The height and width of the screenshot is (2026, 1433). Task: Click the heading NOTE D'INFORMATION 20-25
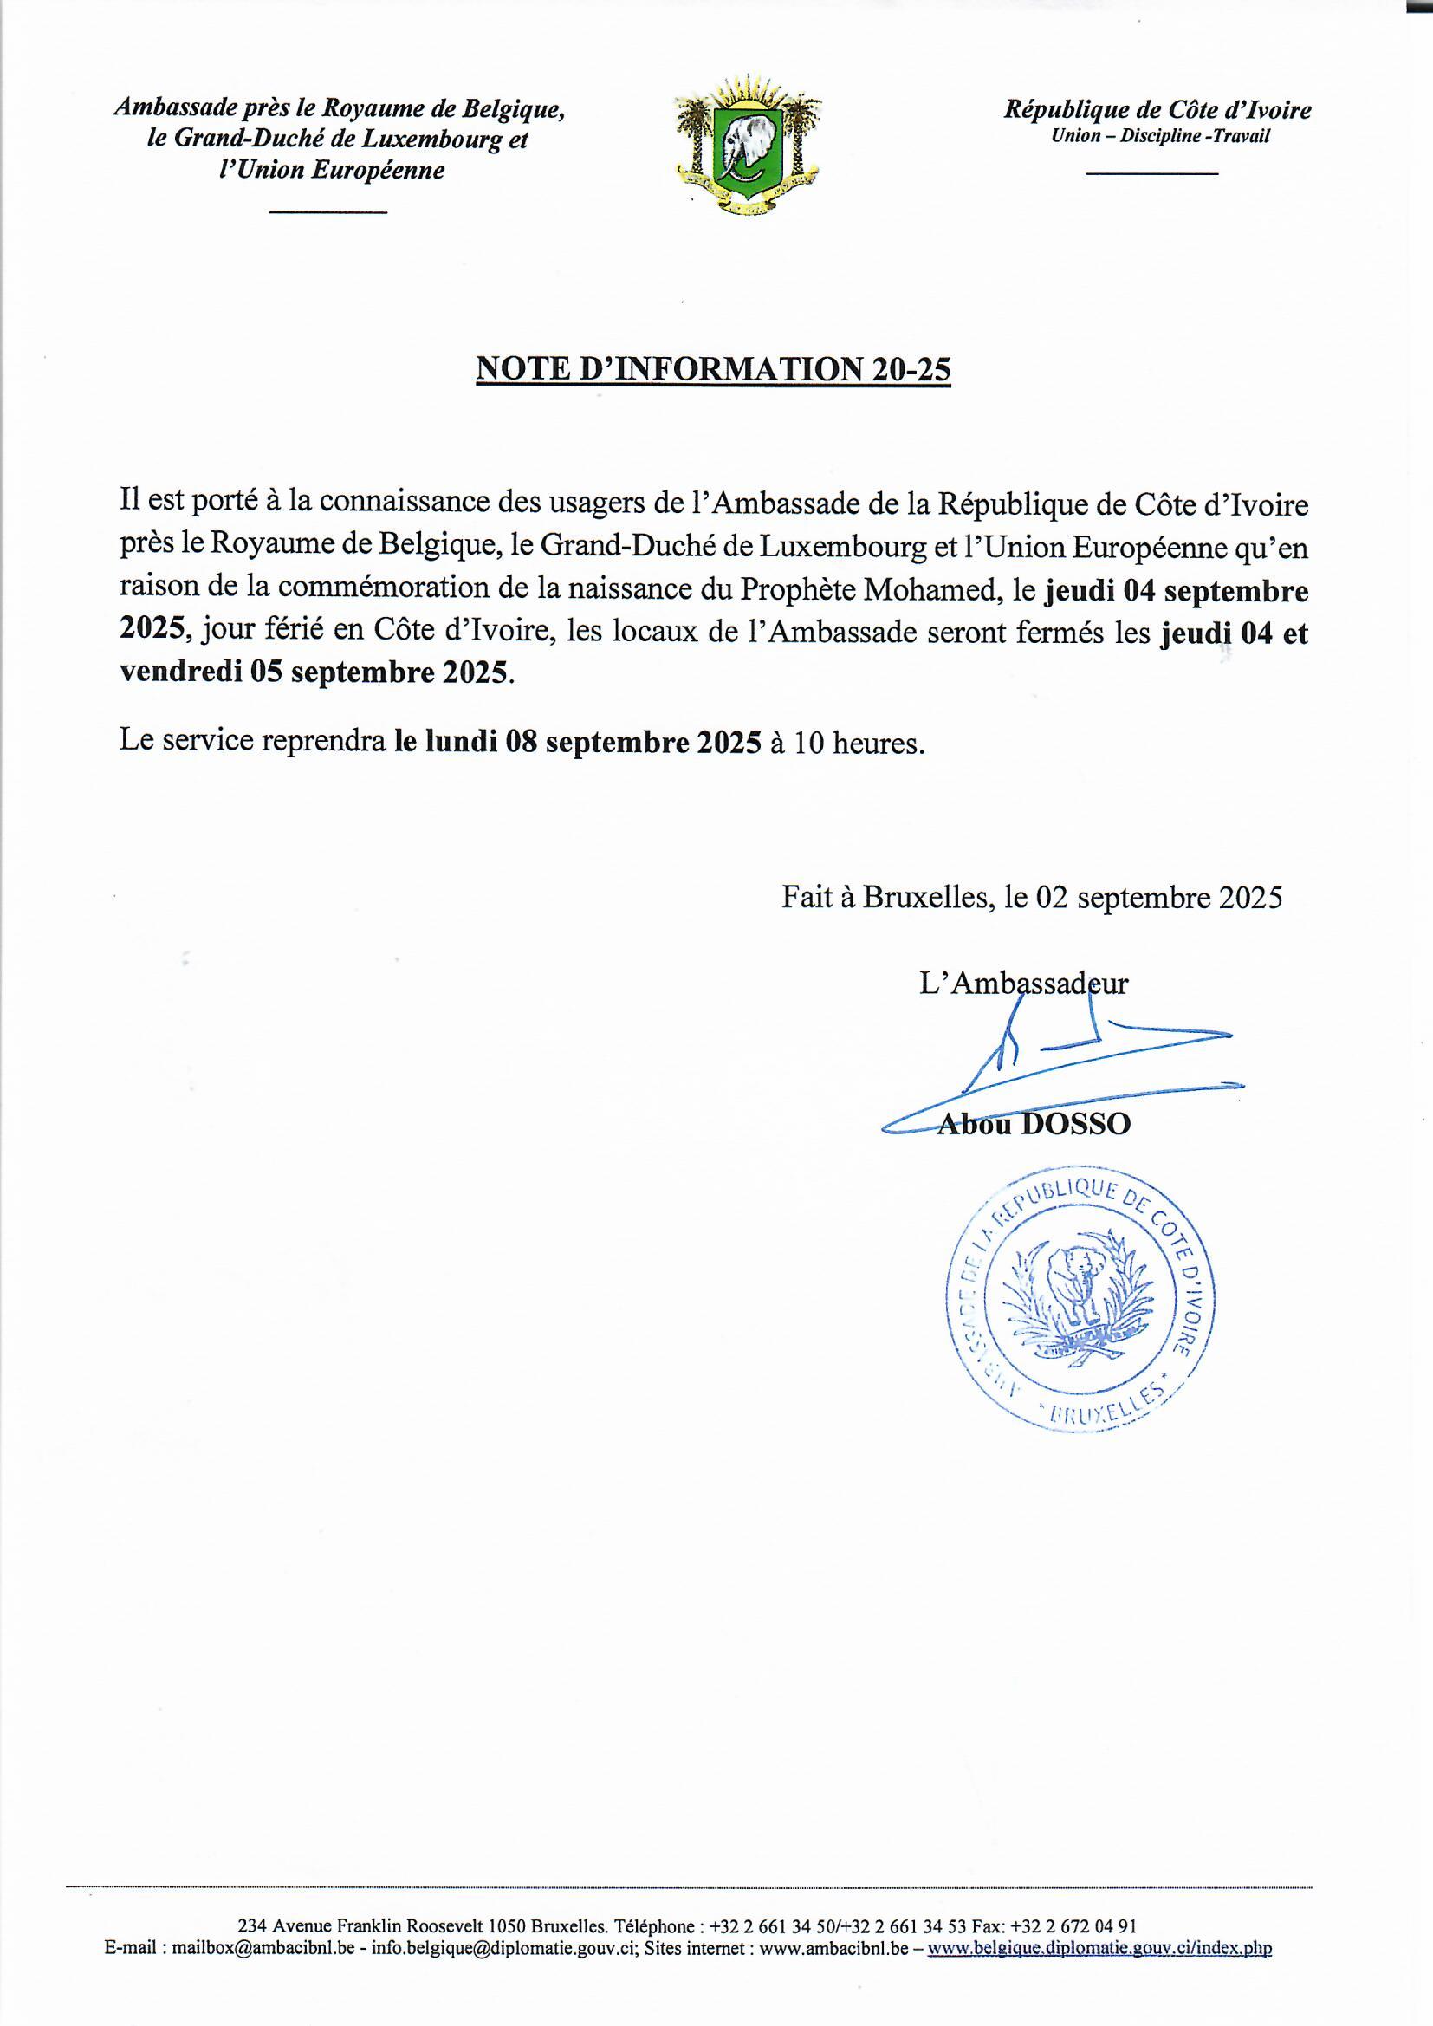(713, 369)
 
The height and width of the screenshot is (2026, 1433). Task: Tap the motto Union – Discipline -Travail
(1159, 137)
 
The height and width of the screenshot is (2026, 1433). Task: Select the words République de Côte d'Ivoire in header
(1157, 110)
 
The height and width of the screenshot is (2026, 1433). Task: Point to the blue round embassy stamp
(1080, 1303)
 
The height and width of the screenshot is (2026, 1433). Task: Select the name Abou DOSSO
(1034, 1124)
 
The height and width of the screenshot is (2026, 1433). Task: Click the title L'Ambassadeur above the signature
(1022, 983)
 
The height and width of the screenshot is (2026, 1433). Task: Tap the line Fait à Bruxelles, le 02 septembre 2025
(1032, 898)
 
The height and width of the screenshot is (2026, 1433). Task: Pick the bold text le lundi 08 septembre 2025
(577, 743)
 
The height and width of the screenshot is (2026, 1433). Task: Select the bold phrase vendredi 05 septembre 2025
(314, 672)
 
